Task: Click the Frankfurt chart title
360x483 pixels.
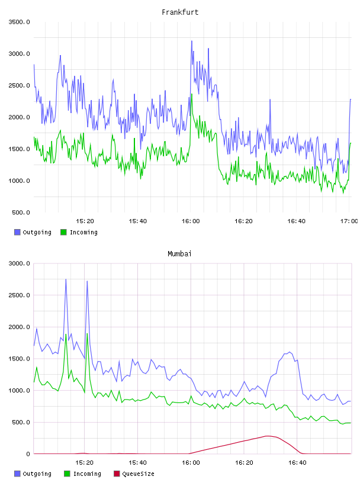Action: (x=180, y=12)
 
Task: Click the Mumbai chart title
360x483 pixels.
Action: (x=179, y=254)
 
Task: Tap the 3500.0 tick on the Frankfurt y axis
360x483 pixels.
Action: (x=20, y=22)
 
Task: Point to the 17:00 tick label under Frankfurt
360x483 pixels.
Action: (x=349, y=221)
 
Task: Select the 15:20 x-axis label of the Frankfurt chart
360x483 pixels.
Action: (x=85, y=221)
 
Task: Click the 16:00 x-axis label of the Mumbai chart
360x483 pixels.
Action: (x=191, y=463)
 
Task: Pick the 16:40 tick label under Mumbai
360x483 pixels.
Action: (x=297, y=463)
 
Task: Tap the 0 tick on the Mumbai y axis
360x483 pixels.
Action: (x=28, y=454)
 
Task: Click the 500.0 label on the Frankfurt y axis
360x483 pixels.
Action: (x=21, y=212)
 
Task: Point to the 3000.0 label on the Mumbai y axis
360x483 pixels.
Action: (x=20, y=263)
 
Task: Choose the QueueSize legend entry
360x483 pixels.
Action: (x=134, y=474)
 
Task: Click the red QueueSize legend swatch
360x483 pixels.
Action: (x=117, y=474)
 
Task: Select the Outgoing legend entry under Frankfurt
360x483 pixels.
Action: (x=33, y=232)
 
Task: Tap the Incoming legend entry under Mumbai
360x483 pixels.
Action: (x=83, y=474)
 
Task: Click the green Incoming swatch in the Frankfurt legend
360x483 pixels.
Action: (x=63, y=232)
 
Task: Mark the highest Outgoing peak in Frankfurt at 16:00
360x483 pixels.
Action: (x=191, y=41)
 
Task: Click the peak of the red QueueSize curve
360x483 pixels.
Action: (x=268, y=436)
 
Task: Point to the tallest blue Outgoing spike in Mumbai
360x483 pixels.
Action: (x=66, y=279)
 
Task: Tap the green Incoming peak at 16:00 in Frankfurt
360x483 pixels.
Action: (x=192, y=94)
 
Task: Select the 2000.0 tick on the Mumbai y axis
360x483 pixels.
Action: (x=20, y=327)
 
